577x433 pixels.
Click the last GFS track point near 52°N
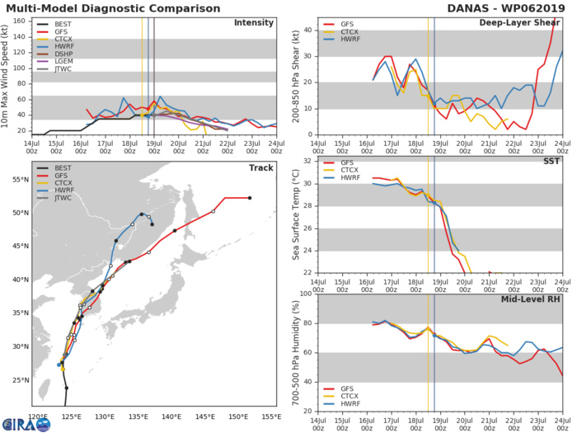tap(250, 198)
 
